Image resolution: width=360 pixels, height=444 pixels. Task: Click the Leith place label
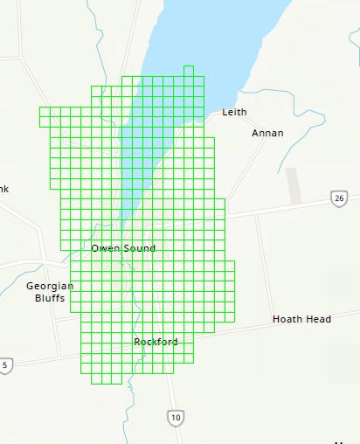[234, 112]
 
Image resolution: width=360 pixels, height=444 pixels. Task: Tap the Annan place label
[267, 133]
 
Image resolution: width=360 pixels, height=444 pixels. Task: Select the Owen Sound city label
[123, 248]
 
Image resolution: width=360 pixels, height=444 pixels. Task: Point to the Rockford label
[156, 342]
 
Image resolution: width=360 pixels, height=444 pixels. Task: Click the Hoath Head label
[301, 319]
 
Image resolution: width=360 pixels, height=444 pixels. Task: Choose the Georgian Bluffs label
[50, 292]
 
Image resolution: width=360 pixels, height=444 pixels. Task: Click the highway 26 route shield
[339, 198]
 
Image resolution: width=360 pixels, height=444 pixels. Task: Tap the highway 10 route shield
[177, 418]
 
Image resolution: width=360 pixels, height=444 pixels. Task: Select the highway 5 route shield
[5, 364]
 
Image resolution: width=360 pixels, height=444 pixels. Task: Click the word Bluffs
[50, 298]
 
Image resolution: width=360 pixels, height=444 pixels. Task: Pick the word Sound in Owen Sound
[139, 248]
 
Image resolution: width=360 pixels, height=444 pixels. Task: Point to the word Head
[318, 319]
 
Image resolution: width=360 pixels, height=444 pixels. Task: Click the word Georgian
[50, 286]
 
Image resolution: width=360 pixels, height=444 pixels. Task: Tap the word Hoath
[287, 319]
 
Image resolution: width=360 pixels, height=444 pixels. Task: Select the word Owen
[106, 248]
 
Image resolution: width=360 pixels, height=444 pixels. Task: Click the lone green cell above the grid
[189, 71]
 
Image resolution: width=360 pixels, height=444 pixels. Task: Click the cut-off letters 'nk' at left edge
[3, 189]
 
